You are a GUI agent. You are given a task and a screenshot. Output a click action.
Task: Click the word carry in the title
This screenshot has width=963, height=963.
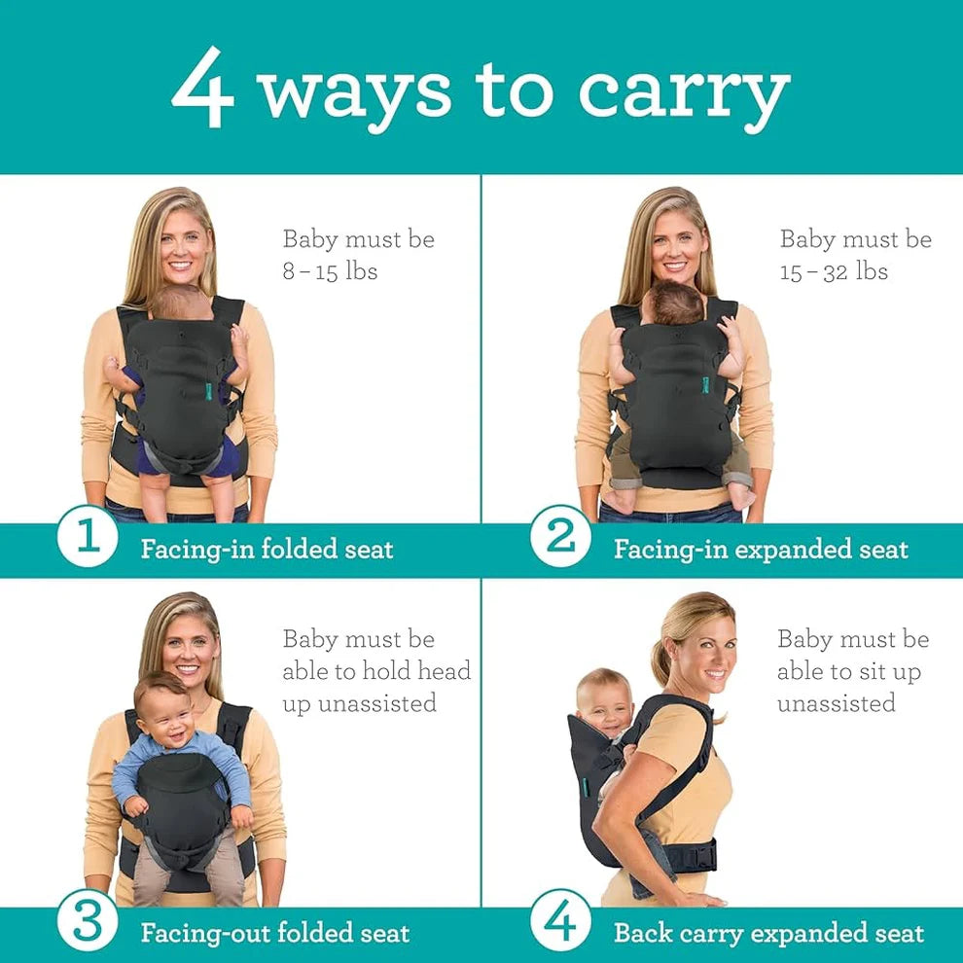point(684,93)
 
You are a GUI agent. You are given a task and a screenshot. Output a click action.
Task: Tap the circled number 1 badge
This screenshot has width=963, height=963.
point(88,537)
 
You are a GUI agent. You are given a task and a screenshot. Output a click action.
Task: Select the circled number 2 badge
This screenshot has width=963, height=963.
point(560,537)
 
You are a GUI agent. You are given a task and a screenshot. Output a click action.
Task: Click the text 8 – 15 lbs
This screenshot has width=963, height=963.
point(330,271)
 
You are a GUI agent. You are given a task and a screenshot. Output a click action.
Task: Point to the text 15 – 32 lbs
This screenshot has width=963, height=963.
point(834,271)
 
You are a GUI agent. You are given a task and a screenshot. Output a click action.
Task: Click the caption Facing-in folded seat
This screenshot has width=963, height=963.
point(267,549)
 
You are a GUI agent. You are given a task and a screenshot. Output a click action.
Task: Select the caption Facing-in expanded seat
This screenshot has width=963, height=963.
point(760,549)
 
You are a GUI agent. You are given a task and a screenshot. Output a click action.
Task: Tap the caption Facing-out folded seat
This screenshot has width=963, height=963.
point(274,934)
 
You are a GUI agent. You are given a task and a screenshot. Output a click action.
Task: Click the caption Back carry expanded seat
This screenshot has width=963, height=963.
point(768,934)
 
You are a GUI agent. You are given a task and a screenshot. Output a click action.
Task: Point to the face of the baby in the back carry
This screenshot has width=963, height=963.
point(604,701)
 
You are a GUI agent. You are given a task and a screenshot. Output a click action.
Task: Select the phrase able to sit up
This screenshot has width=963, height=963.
point(848,671)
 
